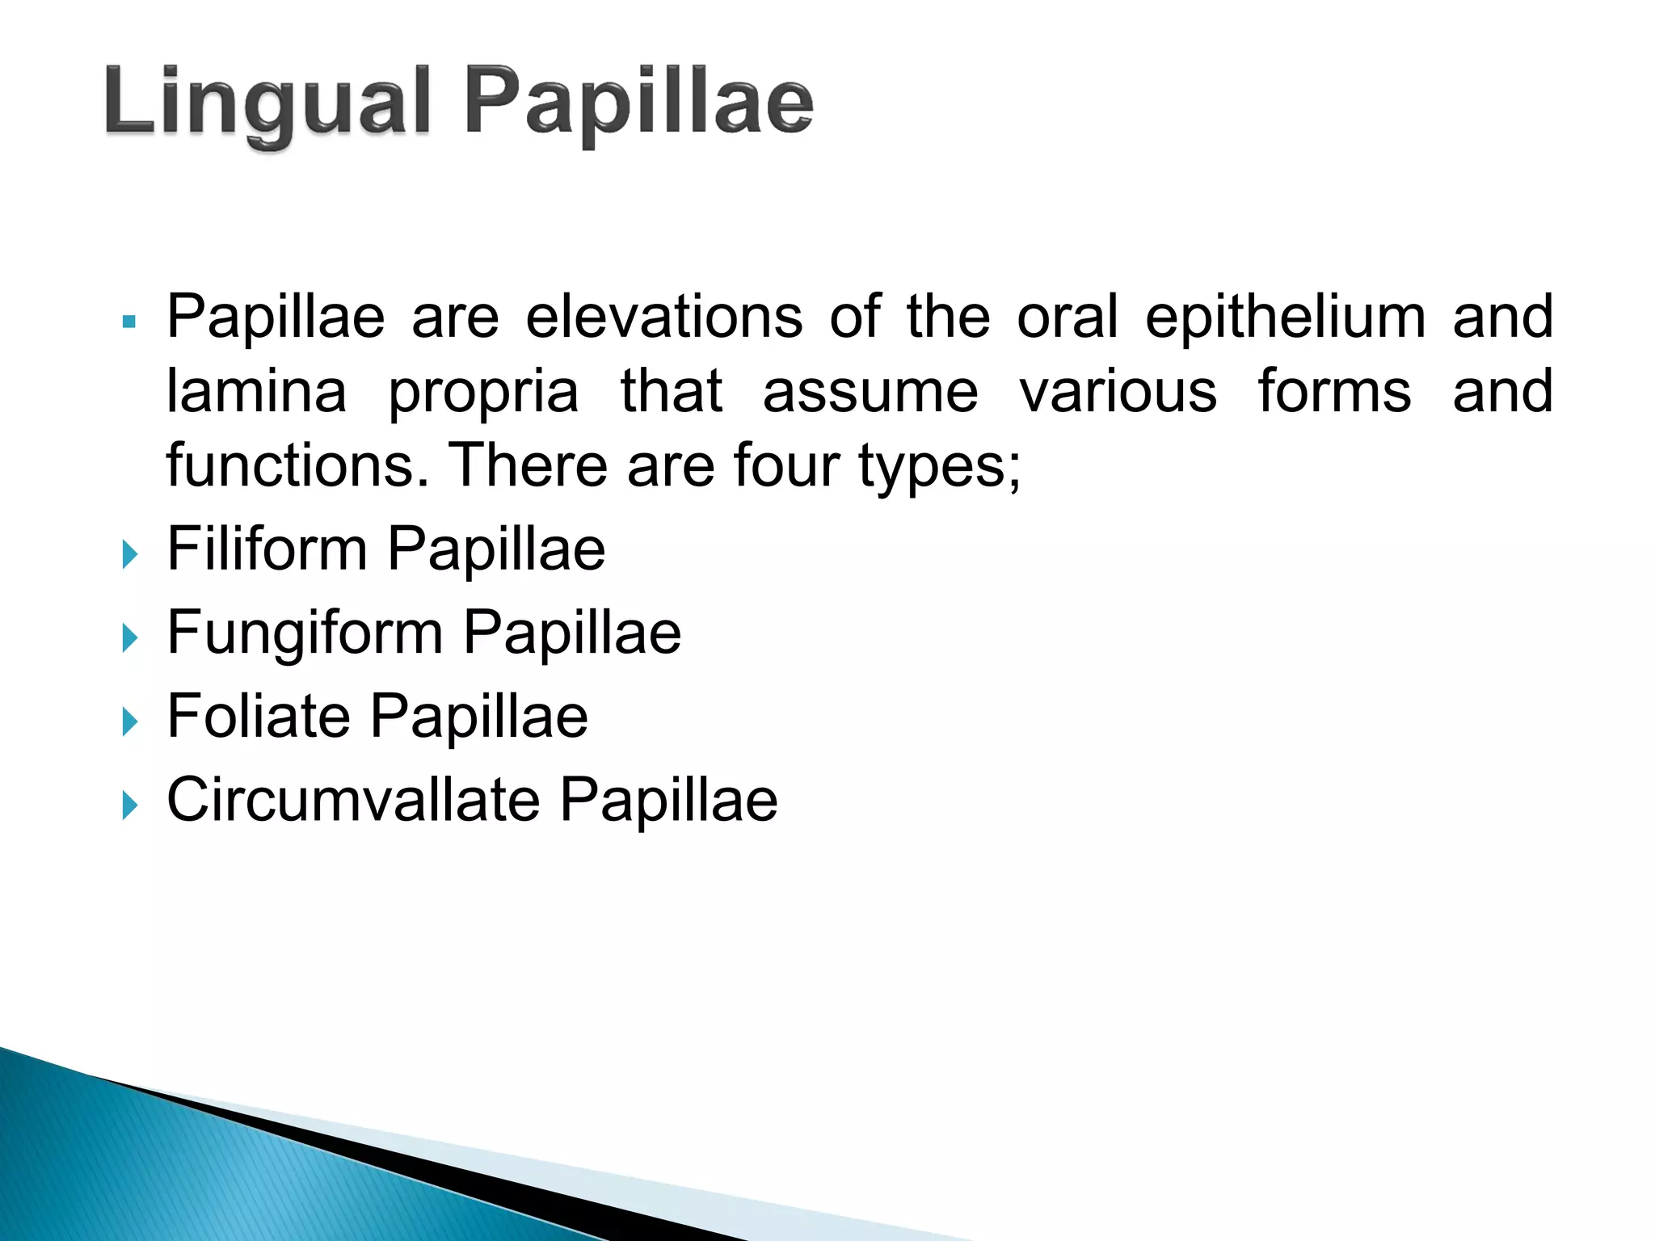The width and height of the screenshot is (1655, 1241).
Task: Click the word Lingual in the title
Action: (267, 103)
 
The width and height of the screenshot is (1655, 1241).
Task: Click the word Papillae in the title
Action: (638, 103)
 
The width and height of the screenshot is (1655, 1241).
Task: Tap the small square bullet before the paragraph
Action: (129, 322)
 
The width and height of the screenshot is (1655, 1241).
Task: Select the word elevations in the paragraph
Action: (663, 317)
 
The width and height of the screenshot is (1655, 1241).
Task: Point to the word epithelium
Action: (1285, 317)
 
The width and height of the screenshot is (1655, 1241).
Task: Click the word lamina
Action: (256, 391)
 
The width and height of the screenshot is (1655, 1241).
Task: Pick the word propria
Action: (483, 393)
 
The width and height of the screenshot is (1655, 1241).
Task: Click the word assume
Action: (870, 391)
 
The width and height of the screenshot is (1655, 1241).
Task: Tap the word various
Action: (1118, 391)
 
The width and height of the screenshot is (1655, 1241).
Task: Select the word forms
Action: (1334, 391)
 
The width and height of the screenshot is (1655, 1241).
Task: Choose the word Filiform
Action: (267, 549)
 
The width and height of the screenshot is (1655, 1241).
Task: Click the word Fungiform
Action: (305, 633)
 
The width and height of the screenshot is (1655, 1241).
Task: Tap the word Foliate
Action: (258, 717)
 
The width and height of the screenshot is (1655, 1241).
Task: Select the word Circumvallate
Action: (353, 800)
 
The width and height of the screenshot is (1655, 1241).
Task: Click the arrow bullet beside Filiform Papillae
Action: (129, 554)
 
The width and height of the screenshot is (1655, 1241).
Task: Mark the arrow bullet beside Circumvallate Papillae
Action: (129, 805)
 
